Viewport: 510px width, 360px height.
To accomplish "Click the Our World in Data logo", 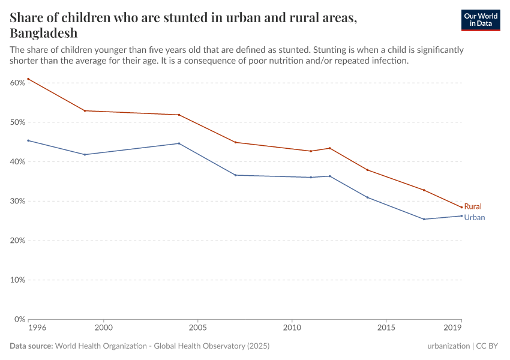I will tap(480, 20).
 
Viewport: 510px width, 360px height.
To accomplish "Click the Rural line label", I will tap(473, 206).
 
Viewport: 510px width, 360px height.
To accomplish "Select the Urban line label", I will tap(475, 218).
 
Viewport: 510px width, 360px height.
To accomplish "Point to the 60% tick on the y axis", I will tap(17, 82).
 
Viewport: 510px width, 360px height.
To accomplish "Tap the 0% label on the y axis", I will tap(19, 319).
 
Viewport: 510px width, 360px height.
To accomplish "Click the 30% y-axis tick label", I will tap(17, 201).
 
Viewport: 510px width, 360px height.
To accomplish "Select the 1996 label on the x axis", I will tap(36, 329).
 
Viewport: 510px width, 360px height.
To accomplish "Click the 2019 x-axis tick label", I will tap(453, 329).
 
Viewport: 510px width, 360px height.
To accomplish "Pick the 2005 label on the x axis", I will tap(198, 329).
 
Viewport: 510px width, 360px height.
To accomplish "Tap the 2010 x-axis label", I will tap(292, 329).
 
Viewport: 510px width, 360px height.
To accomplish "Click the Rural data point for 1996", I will tap(28, 79).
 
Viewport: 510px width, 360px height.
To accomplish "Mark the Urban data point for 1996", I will tap(28, 140).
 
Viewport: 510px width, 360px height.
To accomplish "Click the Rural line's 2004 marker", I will tap(179, 115).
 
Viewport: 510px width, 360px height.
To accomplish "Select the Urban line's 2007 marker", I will tap(236, 175).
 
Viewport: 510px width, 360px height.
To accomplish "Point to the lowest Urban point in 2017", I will tap(424, 219).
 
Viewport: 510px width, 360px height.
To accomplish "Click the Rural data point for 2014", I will tap(367, 170).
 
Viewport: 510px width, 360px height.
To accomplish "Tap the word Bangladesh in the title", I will tap(43, 33).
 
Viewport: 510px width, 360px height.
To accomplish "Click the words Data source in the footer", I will tap(31, 346).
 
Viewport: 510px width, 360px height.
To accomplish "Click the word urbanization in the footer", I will tap(448, 346).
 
